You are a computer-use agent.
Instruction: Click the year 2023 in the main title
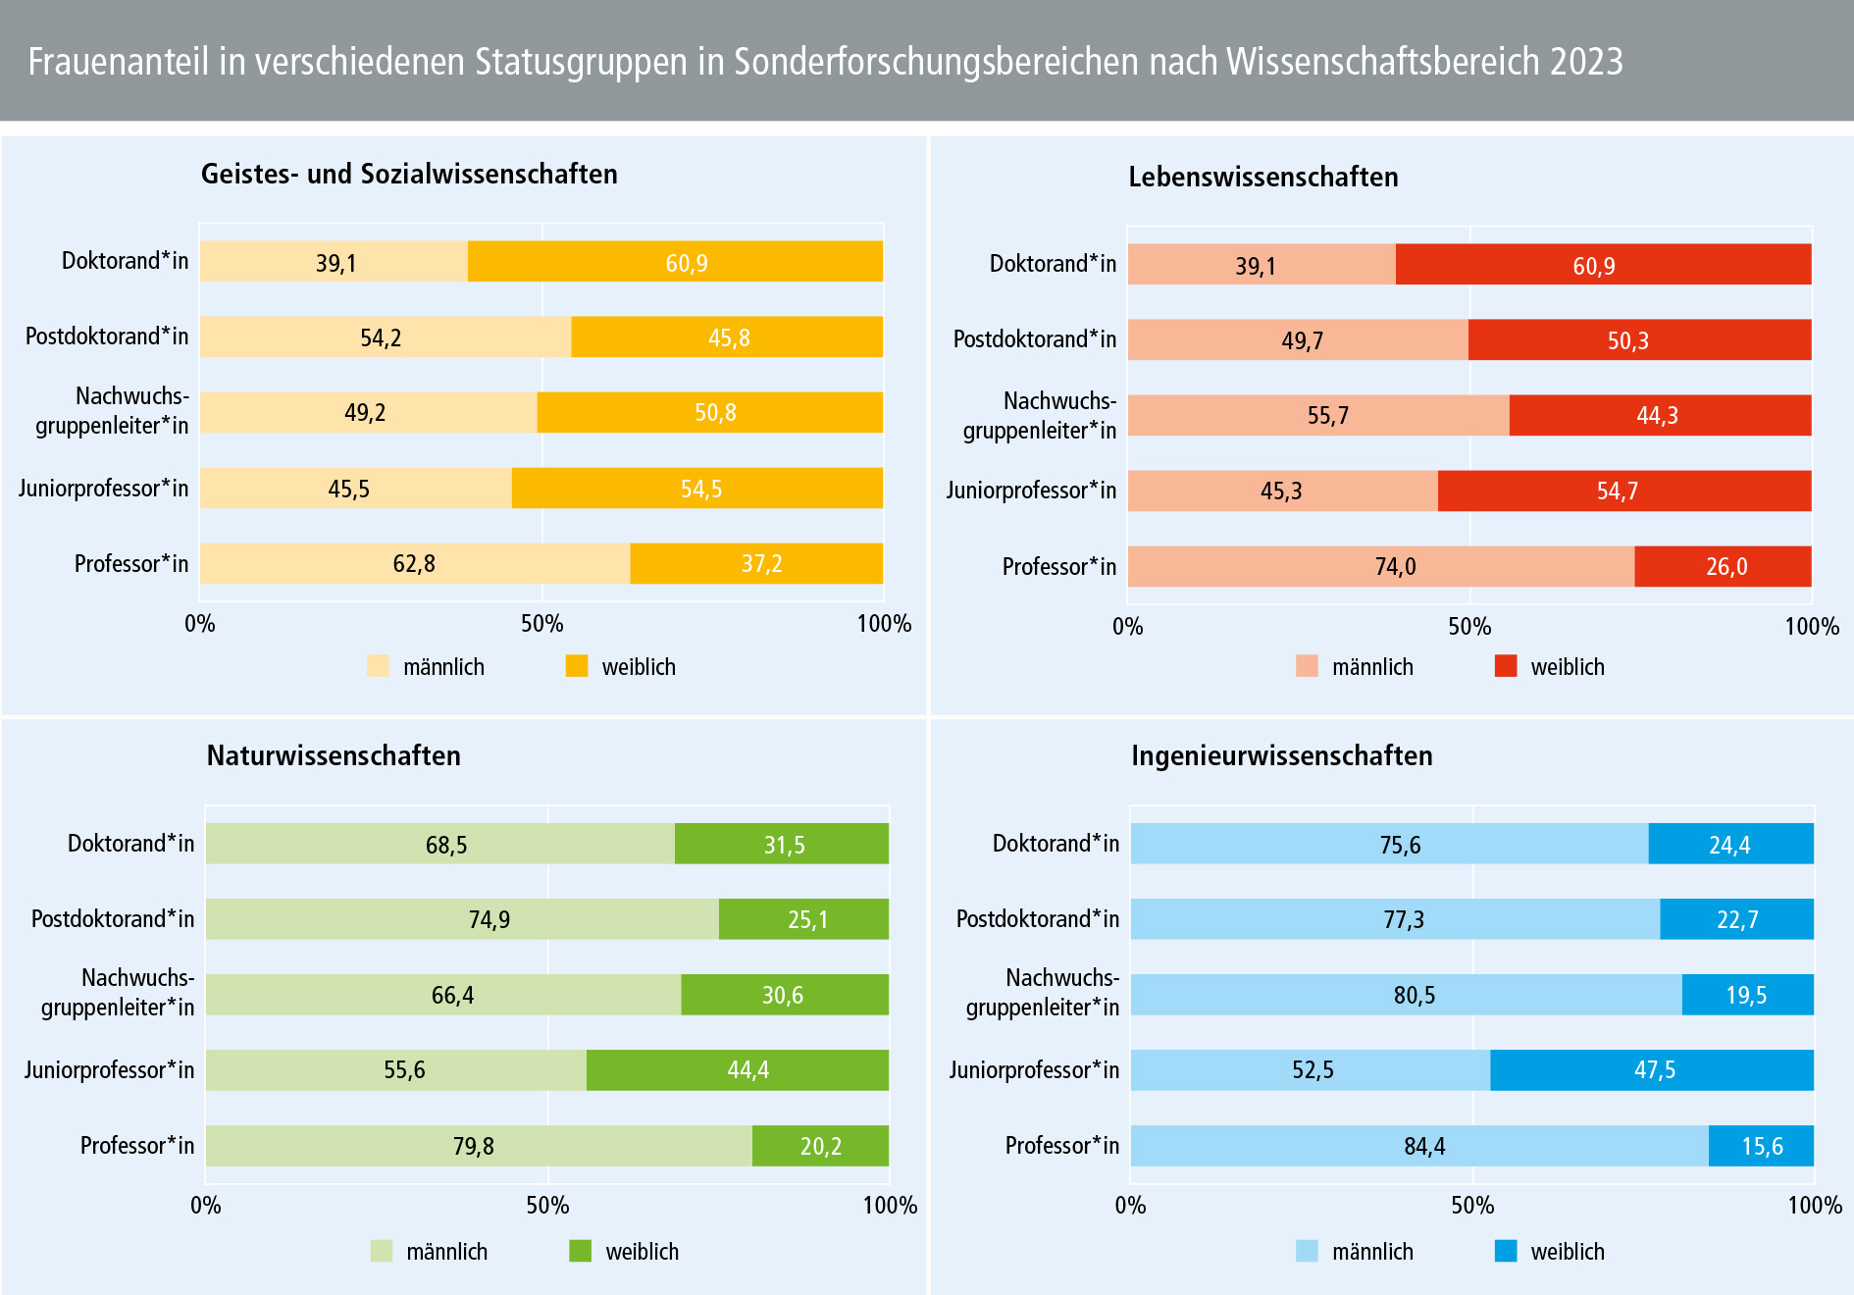tap(1586, 62)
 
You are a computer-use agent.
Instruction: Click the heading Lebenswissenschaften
tap(1262, 178)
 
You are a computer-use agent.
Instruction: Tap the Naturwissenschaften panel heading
tap(334, 755)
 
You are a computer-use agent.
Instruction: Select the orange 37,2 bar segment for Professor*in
tap(756, 563)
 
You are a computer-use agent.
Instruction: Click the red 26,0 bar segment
tap(1723, 566)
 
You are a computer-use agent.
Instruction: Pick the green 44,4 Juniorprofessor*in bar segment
tap(738, 1069)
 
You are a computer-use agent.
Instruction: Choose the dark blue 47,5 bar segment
tap(1652, 1069)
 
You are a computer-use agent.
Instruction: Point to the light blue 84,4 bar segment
tap(1418, 1146)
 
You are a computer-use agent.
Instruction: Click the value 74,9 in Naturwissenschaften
tap(489, 920)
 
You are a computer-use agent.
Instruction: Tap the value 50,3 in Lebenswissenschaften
tap(1627, 341)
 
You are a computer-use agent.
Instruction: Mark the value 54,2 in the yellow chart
tap(381, 338)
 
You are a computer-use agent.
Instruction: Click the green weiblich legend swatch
tap(580, 1251)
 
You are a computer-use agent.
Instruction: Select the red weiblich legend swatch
tap(1506, 666)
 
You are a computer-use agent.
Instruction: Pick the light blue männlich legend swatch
tap(1307, 1251)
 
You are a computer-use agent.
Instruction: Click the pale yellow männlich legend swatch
tap(378, 666)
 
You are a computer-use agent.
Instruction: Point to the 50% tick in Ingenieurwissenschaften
tap(1472, 1206)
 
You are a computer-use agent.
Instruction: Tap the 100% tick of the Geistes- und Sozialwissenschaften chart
tap(884, 624)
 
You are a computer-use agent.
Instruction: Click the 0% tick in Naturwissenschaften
tap(206, 1206)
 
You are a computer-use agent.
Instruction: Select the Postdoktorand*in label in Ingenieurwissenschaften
tap(1037, 919)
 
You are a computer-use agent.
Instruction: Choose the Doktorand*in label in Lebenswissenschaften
tap(1053, 264)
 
